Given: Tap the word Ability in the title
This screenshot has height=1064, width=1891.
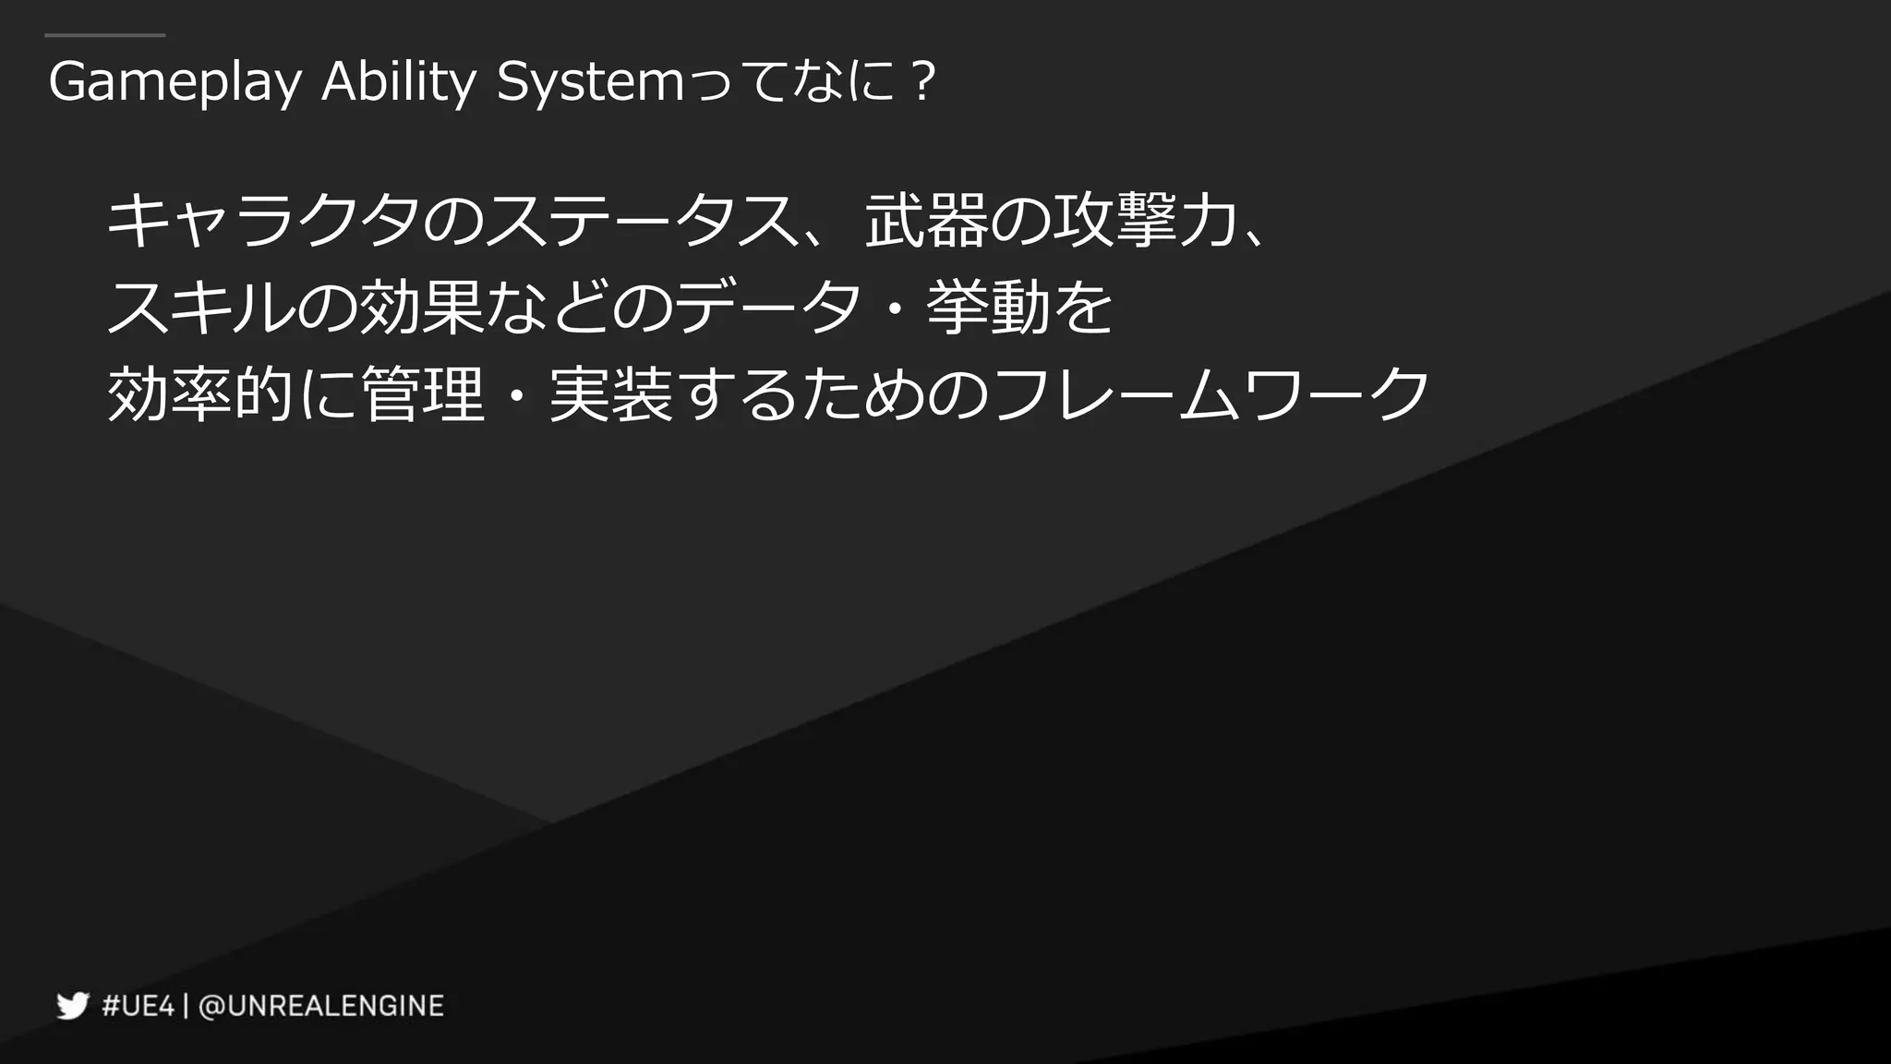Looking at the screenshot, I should click(398, 83).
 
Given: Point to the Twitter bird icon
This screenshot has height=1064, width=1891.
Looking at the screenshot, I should click(72, 1006).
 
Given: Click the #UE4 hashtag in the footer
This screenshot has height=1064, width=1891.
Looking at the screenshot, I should click(138, 1006).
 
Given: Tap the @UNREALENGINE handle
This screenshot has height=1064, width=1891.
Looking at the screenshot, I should click(321, 1006).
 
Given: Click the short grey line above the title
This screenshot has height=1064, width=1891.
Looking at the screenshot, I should click(104, 36).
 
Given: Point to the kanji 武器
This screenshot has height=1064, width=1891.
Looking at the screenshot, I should click(926, 222).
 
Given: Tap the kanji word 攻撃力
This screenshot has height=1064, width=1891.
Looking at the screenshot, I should click(1145, 222).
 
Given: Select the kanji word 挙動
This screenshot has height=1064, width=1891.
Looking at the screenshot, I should click(988, 308).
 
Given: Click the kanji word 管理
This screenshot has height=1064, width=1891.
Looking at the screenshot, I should click(423, 393).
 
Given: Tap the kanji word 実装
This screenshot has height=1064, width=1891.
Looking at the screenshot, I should click(610, 393).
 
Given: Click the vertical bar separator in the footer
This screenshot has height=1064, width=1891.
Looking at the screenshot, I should click(187, 1006).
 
